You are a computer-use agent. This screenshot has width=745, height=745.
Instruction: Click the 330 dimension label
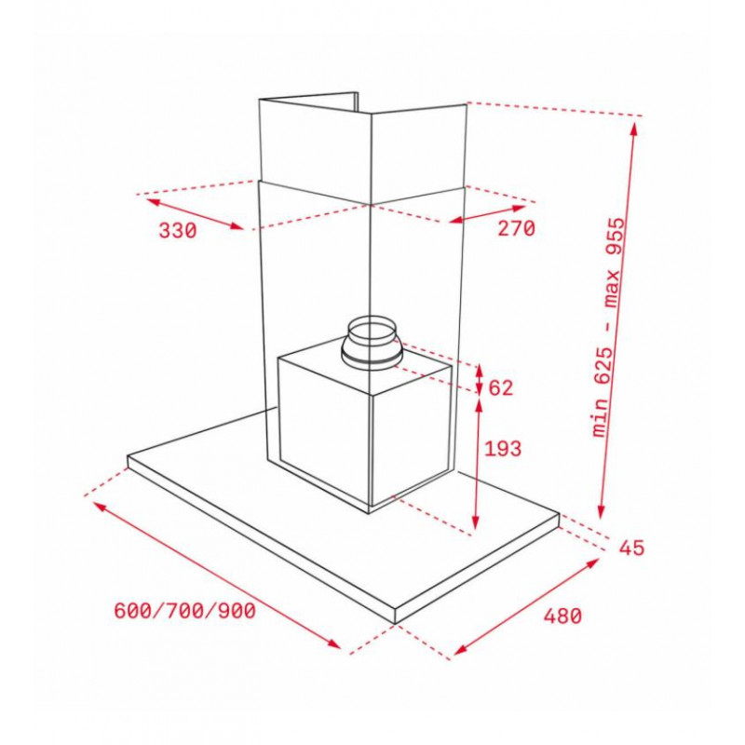pos(177,231)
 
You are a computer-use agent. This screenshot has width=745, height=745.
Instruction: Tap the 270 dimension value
pos(516,228)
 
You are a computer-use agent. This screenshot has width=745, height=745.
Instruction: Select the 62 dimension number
pos(501,388)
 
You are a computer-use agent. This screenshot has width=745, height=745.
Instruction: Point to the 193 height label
pos(503,449)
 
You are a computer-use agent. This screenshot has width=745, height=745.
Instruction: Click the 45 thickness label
pos(631,548)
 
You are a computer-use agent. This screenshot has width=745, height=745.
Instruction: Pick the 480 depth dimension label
pos(563,616)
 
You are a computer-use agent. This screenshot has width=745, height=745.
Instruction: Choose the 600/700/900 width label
pos(184,611)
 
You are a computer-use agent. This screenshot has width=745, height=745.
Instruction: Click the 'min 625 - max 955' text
pos(610,327)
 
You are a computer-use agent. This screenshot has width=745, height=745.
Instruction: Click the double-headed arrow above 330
pos(195,214)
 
